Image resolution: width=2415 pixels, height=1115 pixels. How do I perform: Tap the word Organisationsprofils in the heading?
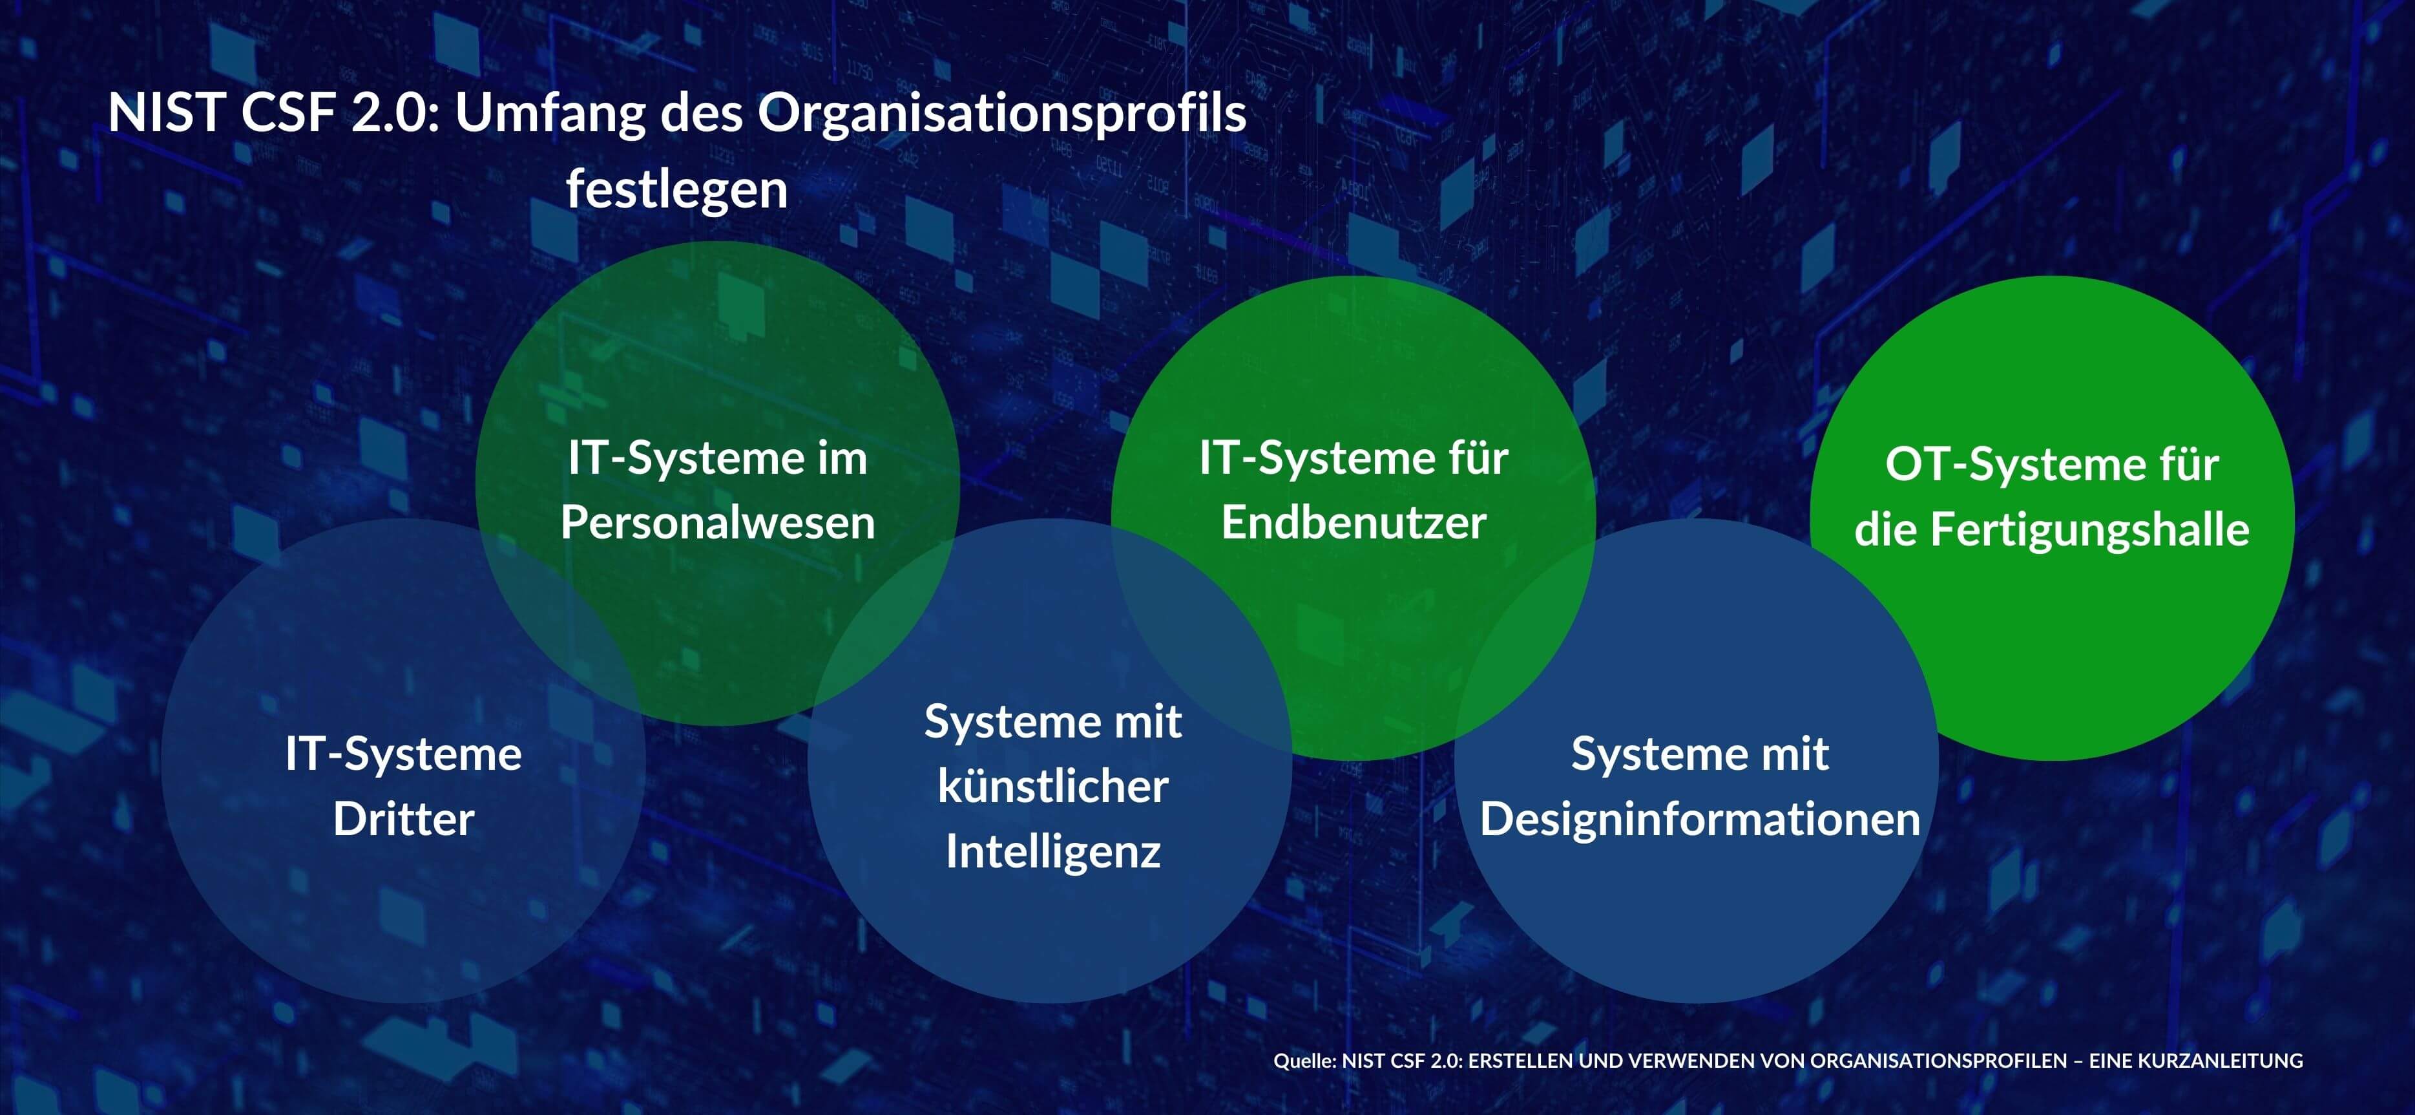(1001, 114)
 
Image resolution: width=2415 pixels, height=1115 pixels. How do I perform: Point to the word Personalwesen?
(717, 522)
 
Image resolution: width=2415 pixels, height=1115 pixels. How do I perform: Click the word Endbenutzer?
(1353, 522)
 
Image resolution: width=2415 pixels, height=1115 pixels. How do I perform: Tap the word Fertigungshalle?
(2089, 531)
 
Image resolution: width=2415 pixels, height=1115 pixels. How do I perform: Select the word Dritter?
(403, 819)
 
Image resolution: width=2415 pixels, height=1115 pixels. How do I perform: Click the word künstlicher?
(1053, 786)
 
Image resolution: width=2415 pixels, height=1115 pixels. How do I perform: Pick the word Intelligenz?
(1053, 851)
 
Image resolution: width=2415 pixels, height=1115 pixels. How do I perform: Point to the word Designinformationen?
(1700, 820)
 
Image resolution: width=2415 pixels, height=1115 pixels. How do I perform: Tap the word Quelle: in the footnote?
(1304, 1061)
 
